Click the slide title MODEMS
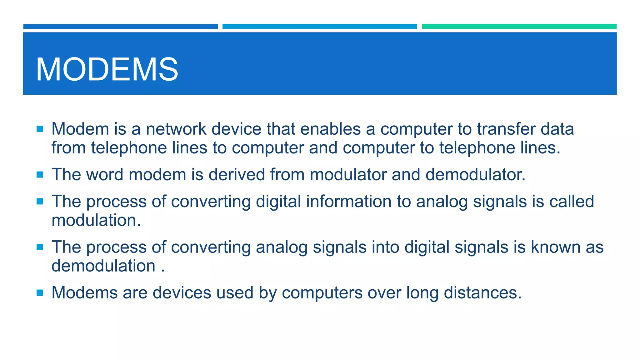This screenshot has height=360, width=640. click(107, 69)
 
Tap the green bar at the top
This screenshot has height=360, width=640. click(519, 27)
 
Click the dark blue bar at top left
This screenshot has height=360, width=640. click(120, 27)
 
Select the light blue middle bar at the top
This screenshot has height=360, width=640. click(319, 27)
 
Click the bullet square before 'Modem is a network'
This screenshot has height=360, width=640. click(40, 129)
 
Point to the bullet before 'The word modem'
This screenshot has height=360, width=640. click(40, 175)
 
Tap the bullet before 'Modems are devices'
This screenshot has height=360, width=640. click(40, 293)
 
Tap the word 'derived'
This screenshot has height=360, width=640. click(237, 175)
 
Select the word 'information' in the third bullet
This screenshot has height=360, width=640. click(348, 202)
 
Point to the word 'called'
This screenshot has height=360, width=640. click(572, 202)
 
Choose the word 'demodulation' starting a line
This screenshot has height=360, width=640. click(103, 266)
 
